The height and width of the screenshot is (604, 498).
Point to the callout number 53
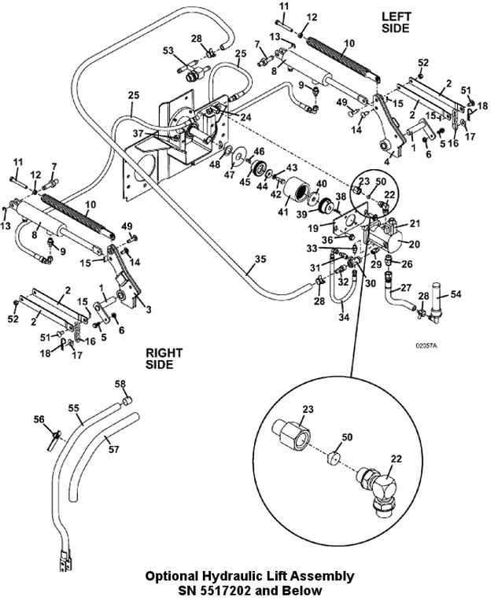pos(168,52)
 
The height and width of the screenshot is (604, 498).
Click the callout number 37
pos(138,133)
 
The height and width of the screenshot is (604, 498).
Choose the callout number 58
pos(120,384)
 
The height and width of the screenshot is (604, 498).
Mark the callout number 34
pos(344,318)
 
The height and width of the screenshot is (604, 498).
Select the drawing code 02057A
pos(429,344)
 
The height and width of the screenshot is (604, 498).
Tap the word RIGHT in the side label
pos(163,353)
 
